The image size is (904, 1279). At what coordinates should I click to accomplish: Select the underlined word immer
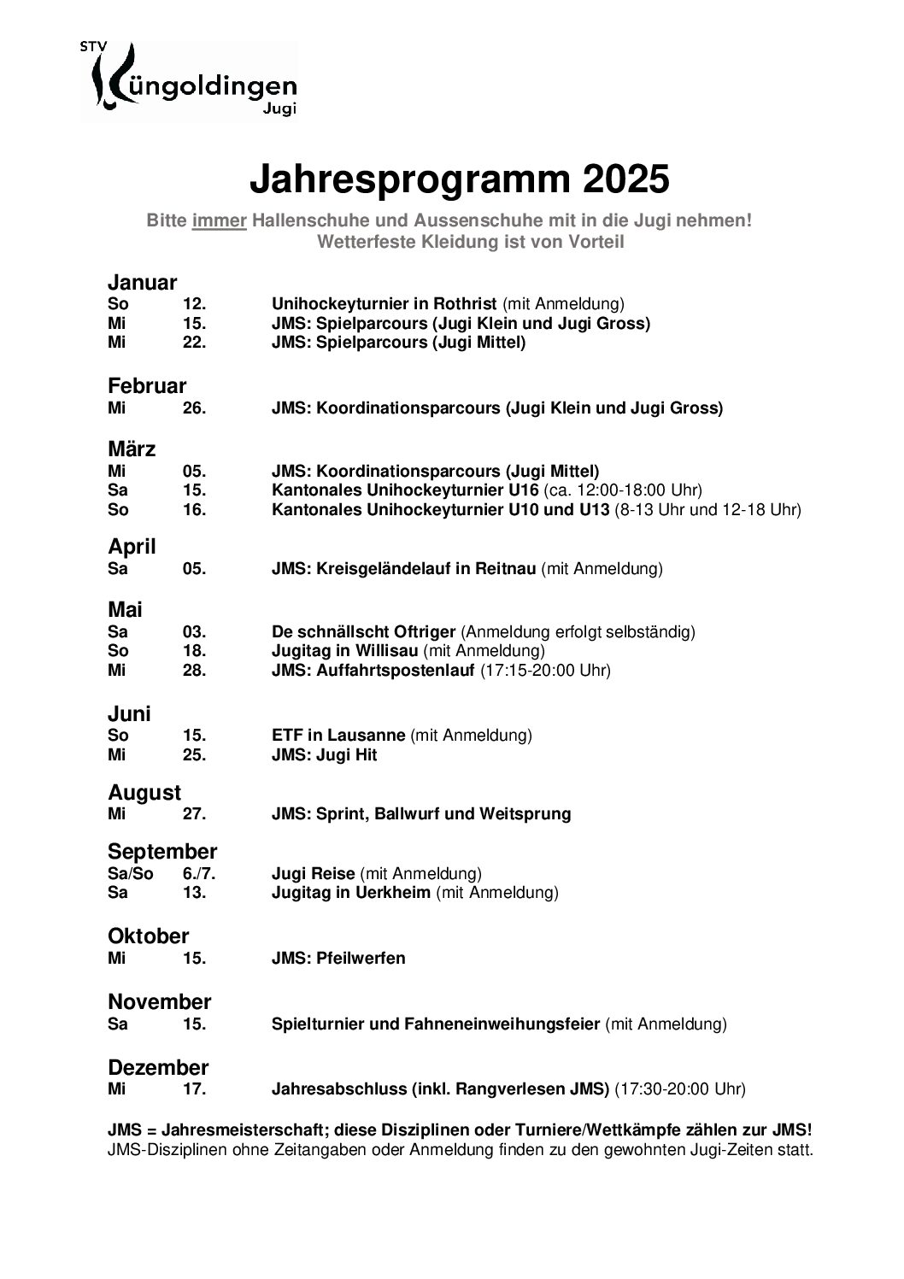tap(220, 220)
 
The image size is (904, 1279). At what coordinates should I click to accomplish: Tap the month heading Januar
tap(142, 283)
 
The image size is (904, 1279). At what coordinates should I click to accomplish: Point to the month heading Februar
tap(147, 386)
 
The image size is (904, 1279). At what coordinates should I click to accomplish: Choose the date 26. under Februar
tap(194, 408)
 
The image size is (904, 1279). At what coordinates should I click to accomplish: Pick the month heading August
tap(144, 793)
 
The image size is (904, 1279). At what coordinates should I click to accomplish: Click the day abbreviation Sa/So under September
tap(130, 874)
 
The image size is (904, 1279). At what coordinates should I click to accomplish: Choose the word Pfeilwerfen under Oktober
tap(361, 959)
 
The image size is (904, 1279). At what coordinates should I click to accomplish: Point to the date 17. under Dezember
tap(194, 1089)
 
